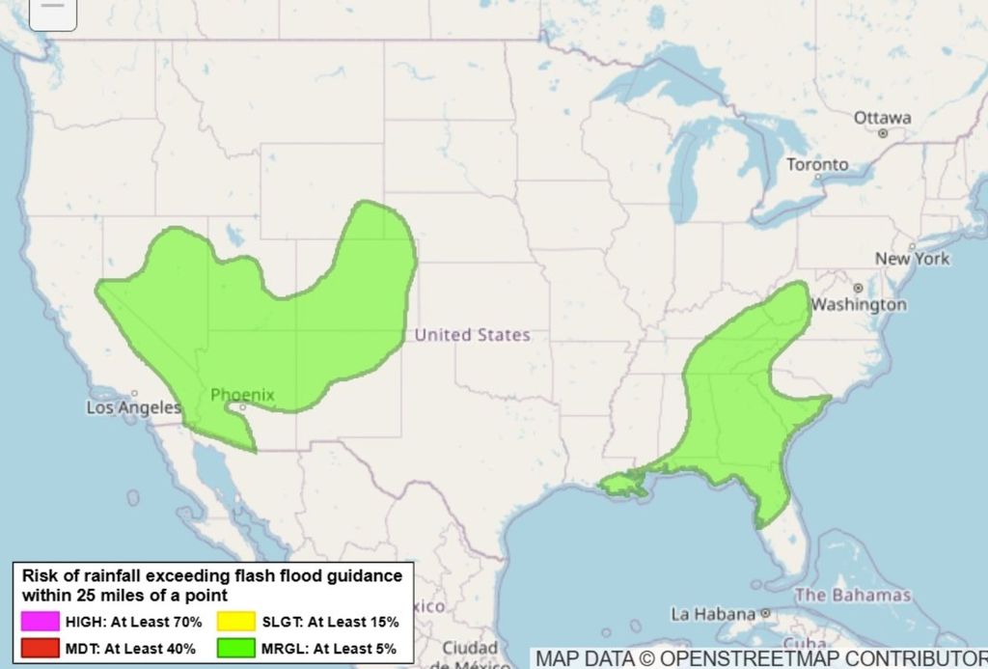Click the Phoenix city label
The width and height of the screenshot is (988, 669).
click(242, 395)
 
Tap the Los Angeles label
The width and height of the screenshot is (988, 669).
click(133, 408)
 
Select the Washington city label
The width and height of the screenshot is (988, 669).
click(858, 305)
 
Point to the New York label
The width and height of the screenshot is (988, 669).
click(912, 259)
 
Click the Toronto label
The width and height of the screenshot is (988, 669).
click(817, 165)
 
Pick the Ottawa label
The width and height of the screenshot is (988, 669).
click(881, 118)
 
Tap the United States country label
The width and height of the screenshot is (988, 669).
click(472, 335)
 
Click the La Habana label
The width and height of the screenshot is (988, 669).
click(712, 614)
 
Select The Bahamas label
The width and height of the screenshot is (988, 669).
click(852, 595)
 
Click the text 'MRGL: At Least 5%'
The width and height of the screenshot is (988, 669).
click(330, 649)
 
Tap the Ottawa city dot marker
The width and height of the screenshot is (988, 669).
click(882, 133)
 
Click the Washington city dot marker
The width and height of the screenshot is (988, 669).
click(858, 288)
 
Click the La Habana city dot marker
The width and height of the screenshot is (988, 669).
click(764, 613)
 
